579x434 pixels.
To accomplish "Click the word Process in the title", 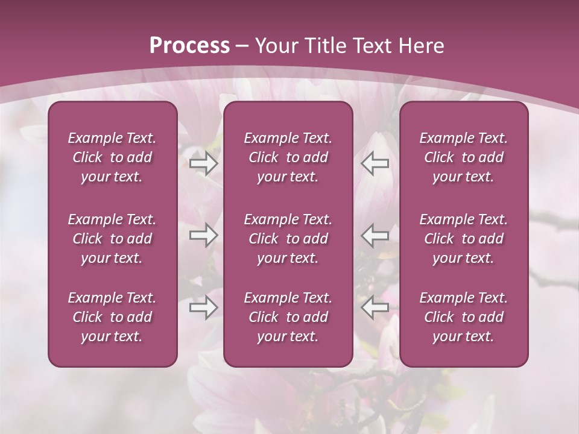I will [x=189, y=45].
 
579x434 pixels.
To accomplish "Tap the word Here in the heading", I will [x=422, y=45].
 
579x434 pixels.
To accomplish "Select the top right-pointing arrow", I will [x=204, y=163].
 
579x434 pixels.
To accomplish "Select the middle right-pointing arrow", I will [x=204, y=235].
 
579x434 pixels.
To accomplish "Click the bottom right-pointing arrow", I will [x=204, y=308].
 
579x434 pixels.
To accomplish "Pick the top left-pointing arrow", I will [x=375, y=163].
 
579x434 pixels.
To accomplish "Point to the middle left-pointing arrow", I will [x=375, y=235].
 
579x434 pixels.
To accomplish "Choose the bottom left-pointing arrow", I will [x=375, y=308].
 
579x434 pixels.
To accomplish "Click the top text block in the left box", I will [x=112, y=157].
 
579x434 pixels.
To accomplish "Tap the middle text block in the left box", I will [x=112, y=239].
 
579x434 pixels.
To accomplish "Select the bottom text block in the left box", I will [x=112, y=317].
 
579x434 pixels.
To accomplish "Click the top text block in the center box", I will [x=288, y=157].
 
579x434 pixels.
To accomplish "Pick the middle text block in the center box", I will [x=288, y=239].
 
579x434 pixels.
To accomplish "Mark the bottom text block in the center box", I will [x=288, y=317].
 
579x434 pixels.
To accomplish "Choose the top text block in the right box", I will [x=464, y=157].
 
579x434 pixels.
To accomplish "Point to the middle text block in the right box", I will [x=464, y=239].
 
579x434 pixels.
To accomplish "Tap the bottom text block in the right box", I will [x=464, y=317].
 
